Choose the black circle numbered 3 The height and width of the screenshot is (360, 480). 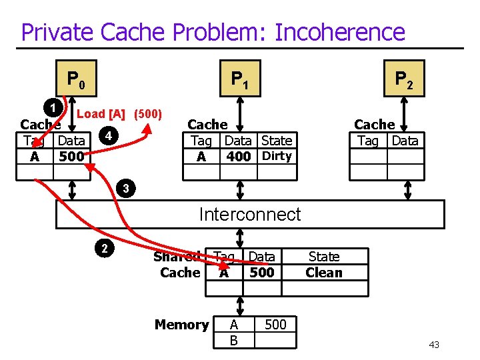(125, 189)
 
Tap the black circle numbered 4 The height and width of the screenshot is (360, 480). (107, 137)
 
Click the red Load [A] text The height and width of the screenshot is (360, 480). (103, 113)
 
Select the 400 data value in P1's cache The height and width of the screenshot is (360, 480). (238, 157)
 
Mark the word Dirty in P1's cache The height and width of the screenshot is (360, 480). (277, 156)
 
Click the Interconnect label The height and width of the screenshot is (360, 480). (250, 214)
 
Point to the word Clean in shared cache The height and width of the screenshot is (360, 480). (324, 272)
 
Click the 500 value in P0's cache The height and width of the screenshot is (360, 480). (71, 157)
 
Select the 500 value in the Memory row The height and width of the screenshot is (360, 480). (275, 324)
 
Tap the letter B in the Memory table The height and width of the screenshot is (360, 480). (233, 340)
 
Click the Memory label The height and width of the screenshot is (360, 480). (181, 325)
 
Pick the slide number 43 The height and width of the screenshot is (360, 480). (434, 344)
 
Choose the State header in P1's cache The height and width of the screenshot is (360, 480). (277, 140)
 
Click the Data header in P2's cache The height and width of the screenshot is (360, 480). (405, 140)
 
